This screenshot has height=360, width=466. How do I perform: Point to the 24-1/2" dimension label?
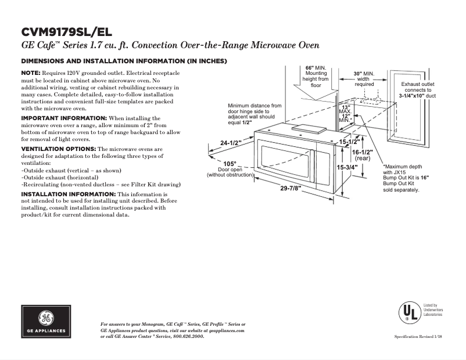[x=231, y=143]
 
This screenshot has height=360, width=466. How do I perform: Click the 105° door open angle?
[x=230, y=163]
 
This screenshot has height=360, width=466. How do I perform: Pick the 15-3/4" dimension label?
[x=347, y=167]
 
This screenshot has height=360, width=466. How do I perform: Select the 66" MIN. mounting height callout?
[x=317, y=68]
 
